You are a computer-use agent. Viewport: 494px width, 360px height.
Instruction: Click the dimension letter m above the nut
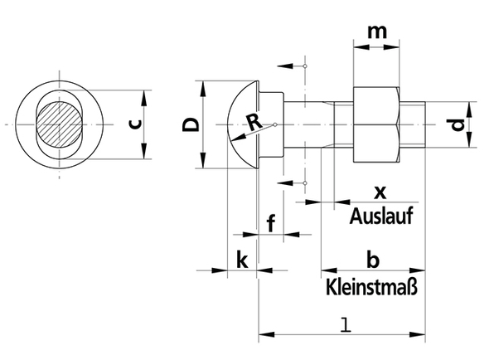pos(377,32)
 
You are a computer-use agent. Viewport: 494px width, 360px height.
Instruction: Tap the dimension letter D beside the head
pos(191,124)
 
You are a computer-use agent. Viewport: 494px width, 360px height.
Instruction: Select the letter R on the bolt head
pos(254,122)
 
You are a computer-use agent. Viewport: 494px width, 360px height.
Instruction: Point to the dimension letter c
pos(135,124)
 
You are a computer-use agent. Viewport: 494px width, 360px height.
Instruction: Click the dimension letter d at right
pos(458,124)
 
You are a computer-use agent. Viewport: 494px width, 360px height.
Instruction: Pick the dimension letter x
pos(380,192)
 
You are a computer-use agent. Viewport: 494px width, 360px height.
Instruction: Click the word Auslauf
pos(381,216)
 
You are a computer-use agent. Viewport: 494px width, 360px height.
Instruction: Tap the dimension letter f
pos(271,222)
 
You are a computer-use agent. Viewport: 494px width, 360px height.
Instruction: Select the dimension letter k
pos(242,260)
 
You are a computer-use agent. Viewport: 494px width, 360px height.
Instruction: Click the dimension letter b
pos(373,260)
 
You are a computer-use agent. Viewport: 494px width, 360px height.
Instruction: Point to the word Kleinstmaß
pos(372,286)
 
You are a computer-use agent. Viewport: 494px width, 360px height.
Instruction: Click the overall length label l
pos(346,324)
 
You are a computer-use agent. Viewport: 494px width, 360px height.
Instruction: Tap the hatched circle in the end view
pos(60,124)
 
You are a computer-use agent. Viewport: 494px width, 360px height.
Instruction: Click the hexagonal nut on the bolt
pos(376,124)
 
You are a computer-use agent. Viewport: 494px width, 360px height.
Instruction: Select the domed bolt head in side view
pos(243,124)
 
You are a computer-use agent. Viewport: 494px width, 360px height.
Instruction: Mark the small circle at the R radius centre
pos(275,124)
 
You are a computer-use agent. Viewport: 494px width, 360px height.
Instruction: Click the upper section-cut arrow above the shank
pos(285,66)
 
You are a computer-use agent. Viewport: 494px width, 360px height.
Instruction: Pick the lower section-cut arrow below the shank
pos(285,182)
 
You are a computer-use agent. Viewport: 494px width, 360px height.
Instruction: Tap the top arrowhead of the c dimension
pos(143,98)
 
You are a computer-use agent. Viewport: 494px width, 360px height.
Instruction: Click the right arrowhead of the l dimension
pos(417,334)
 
